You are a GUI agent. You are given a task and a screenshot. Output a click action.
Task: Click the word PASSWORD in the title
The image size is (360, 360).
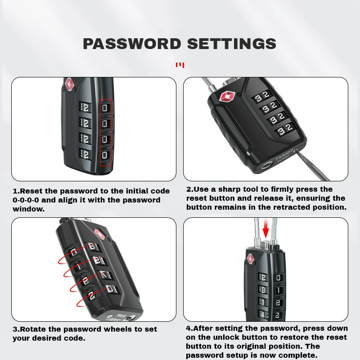click(x=132, y=44)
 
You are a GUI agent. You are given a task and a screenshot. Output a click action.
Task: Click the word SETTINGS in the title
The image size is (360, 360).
click(x=232, y=44)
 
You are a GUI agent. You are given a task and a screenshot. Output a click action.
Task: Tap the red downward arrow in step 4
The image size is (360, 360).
click(x=265, y=229)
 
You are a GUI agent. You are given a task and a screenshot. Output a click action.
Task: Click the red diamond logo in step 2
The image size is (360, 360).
click(x=227, y=97)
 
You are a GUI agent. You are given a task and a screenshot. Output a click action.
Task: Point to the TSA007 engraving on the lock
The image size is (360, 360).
click(x=284, y=155)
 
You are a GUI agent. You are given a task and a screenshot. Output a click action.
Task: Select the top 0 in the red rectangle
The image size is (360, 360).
click(x=105, y=108)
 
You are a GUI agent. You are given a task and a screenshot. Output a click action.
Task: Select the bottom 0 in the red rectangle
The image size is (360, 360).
click(x=105, y=155)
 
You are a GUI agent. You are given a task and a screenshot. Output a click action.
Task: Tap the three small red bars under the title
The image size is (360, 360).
click(x=180, y=65)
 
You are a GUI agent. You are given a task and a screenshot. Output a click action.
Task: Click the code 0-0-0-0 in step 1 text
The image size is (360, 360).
click(x=26, y=200)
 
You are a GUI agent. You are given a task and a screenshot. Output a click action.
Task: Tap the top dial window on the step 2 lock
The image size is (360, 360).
click(x=262, y=96)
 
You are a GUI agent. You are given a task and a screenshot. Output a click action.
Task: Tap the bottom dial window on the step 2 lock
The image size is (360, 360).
click(x=285, y=130)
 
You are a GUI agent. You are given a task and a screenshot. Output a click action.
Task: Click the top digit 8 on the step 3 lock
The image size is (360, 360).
click(x=92, y=246)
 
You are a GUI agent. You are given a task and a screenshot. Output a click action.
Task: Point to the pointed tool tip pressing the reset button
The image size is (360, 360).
click(x=296, y=151)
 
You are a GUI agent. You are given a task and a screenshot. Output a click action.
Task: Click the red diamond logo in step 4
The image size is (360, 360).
click(x=251, y=259)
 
